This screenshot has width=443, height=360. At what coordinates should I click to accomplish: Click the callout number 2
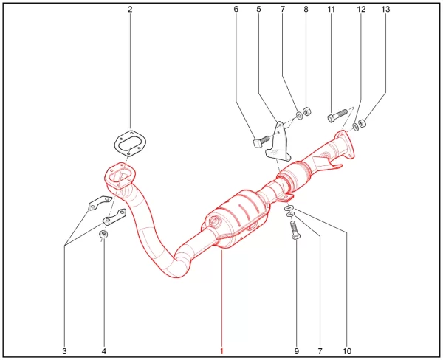point(130,10)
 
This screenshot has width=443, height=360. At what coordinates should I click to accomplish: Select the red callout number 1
point(221,351)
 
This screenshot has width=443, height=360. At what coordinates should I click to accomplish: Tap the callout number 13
point(385,10)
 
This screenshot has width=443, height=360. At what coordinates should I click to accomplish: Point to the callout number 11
point(331,10)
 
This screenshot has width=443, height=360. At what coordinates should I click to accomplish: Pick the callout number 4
point(104,351)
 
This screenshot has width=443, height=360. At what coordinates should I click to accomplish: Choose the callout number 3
point(65,351)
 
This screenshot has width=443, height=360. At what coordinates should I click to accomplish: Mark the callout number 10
point(347,351)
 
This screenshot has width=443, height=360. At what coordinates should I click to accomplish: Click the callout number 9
point(296,351)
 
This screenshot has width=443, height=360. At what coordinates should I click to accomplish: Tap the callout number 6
point(236,10)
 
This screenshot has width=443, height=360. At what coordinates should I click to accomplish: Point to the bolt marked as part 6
point(261,142)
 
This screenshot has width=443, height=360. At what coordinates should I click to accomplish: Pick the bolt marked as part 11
point(337,116)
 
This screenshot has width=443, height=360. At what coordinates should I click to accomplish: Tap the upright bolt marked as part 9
point(295,230)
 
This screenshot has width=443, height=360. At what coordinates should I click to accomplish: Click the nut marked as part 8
point(307,111)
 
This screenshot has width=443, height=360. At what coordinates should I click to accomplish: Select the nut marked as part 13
point(362,123)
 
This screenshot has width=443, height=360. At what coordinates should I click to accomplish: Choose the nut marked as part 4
point(103,234)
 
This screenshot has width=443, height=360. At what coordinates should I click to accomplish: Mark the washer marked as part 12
point(355,127)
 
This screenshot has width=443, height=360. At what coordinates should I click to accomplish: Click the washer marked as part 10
point(289,208)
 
